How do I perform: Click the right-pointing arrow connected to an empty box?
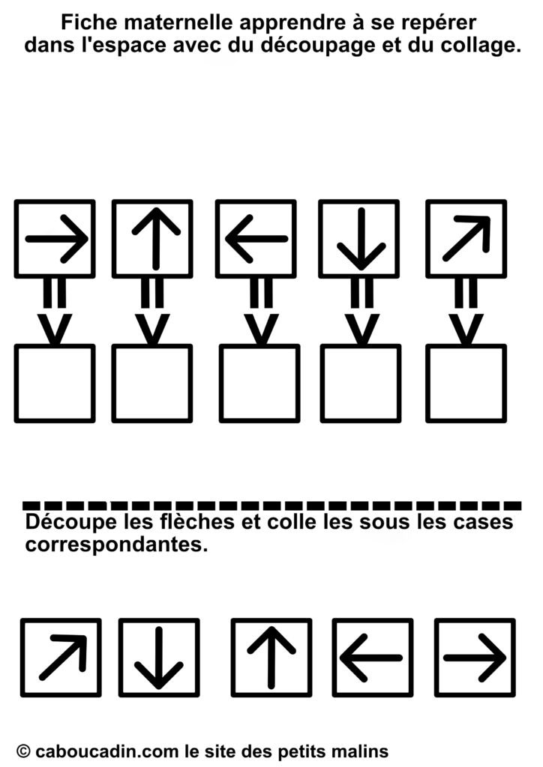coord(57,239)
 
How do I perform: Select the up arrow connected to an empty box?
coord(156,239)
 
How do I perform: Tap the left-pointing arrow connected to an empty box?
coord(256,239)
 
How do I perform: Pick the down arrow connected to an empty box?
coord(361,239)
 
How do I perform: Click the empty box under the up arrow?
coord(152,383)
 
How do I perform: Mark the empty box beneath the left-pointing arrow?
coord(259,383)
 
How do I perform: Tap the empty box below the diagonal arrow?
coord(466,383)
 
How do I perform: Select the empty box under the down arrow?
coord(361,383)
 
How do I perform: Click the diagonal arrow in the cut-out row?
coord(64,658)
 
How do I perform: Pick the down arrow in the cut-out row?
coord(159,658)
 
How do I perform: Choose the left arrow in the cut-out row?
coord(371,658)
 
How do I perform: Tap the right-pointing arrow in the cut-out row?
coord(475,658)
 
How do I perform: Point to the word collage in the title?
coord(479,46)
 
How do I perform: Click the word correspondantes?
coord(116,544)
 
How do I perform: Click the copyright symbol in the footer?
coord(23,751)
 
